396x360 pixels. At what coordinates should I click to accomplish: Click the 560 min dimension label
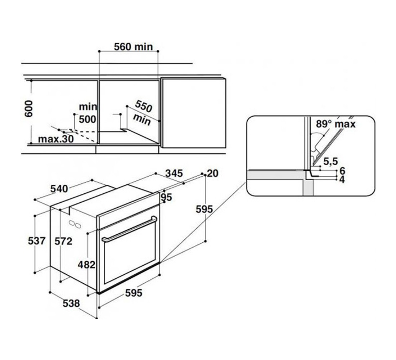133,47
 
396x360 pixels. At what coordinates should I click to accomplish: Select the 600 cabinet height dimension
28,109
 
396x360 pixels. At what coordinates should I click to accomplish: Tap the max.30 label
56,139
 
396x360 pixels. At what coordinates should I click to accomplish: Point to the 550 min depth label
143,113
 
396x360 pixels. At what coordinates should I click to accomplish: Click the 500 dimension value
87,119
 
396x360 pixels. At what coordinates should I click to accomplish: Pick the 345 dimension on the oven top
174,173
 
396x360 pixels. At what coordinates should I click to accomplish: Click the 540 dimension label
59,189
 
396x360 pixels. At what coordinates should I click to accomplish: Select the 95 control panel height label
166,197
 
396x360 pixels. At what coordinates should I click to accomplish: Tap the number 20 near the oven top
212,173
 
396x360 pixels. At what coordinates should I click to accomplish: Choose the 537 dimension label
37,241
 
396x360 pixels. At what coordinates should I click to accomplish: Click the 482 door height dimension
87,265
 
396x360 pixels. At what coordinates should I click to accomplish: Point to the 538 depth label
71,303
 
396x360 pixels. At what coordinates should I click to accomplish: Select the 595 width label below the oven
134,293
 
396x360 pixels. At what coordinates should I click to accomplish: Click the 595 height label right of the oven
204,209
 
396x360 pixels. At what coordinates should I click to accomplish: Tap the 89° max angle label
336,124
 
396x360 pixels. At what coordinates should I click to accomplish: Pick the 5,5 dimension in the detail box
330,161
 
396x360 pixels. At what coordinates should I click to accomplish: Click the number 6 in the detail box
342,171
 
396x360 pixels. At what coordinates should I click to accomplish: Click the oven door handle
129,229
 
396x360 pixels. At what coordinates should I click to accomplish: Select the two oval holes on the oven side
75,224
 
